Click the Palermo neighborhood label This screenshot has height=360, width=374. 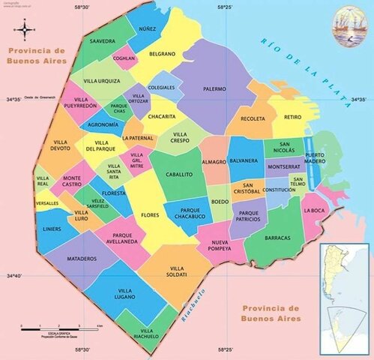214,88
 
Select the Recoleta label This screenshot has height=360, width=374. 253,118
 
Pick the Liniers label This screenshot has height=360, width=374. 52,229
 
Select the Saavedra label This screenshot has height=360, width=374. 102,40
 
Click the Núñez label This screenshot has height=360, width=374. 146,28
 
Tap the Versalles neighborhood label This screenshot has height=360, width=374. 46,203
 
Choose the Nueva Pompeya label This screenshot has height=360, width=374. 219,244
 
